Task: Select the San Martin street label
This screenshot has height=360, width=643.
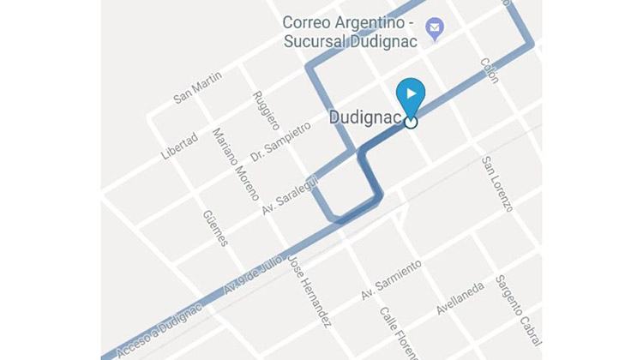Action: pyautogui.click(x=197, y=87)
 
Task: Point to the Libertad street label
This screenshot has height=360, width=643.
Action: pyautogui.click(x=180, y=146)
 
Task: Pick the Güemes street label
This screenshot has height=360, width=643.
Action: pyautogui.click(x=216, y=228)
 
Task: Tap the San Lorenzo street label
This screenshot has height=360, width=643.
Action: pyautogui.click(x=497, y=183)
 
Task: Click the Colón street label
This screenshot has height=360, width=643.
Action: pyautogui.click(x=490, y=70)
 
